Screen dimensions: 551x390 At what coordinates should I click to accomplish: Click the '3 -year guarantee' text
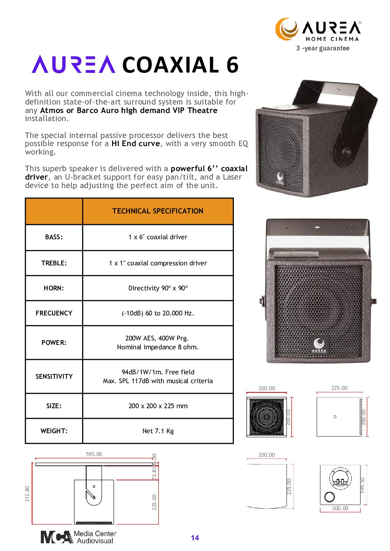click(x=323, y=48)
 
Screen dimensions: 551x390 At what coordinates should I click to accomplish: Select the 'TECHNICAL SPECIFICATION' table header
click(x=158, y=211)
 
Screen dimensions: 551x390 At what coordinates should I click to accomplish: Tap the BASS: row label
click(x=54, y=237)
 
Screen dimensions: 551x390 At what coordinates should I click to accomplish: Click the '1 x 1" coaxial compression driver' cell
click(x=158, y=263)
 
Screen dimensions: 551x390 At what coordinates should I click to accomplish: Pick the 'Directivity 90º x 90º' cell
click(x=158, y=288)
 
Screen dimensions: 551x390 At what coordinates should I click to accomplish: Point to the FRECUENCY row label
click(x=54, y=313)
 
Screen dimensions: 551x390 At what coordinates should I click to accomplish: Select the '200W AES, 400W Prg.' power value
click(x=157, y=338)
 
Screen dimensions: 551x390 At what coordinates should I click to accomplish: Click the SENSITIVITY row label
click(x=54, y=376)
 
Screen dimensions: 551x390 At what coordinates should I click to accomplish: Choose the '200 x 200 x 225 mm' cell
click(x=158, y=406)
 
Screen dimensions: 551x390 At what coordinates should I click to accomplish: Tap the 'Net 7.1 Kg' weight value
click(x=158, y=431)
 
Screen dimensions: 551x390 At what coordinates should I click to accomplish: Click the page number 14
click(x=195, y=538)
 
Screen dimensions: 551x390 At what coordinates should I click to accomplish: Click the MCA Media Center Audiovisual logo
click(x=78, y=537)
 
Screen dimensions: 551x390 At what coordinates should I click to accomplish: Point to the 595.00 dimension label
click(x=94, y=454)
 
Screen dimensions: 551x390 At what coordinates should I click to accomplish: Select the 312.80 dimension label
click(x=27, y=494)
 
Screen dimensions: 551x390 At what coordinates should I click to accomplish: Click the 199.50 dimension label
click(x=362, y=485)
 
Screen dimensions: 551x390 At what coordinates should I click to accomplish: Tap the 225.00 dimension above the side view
click(x=339, y=388)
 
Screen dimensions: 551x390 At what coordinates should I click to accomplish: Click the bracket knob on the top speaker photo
click(x=347, y=151)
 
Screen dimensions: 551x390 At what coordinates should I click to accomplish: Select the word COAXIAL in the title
click(x=171, y=65)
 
